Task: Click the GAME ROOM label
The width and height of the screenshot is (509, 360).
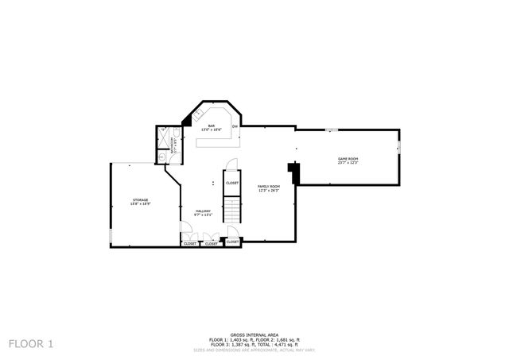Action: point(348,159)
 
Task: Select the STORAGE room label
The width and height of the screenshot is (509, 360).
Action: point(140,199)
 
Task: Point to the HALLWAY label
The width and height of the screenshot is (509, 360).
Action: point(202,210)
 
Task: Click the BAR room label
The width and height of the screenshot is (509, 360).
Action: point(212,126)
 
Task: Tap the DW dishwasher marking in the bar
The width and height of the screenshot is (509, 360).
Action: point(235,126)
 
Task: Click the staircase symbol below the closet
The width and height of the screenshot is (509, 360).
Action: point(231,210)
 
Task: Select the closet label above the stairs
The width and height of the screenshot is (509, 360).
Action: point(232,183)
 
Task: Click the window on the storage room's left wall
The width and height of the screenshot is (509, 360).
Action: point(111,236)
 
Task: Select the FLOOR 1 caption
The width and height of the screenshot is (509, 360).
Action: point(31,343)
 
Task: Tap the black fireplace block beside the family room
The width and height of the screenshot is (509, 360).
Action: point(293,172)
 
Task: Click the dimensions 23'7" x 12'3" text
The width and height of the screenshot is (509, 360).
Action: point(348,164)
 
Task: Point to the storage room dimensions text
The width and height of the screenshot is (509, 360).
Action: point(140,204)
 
